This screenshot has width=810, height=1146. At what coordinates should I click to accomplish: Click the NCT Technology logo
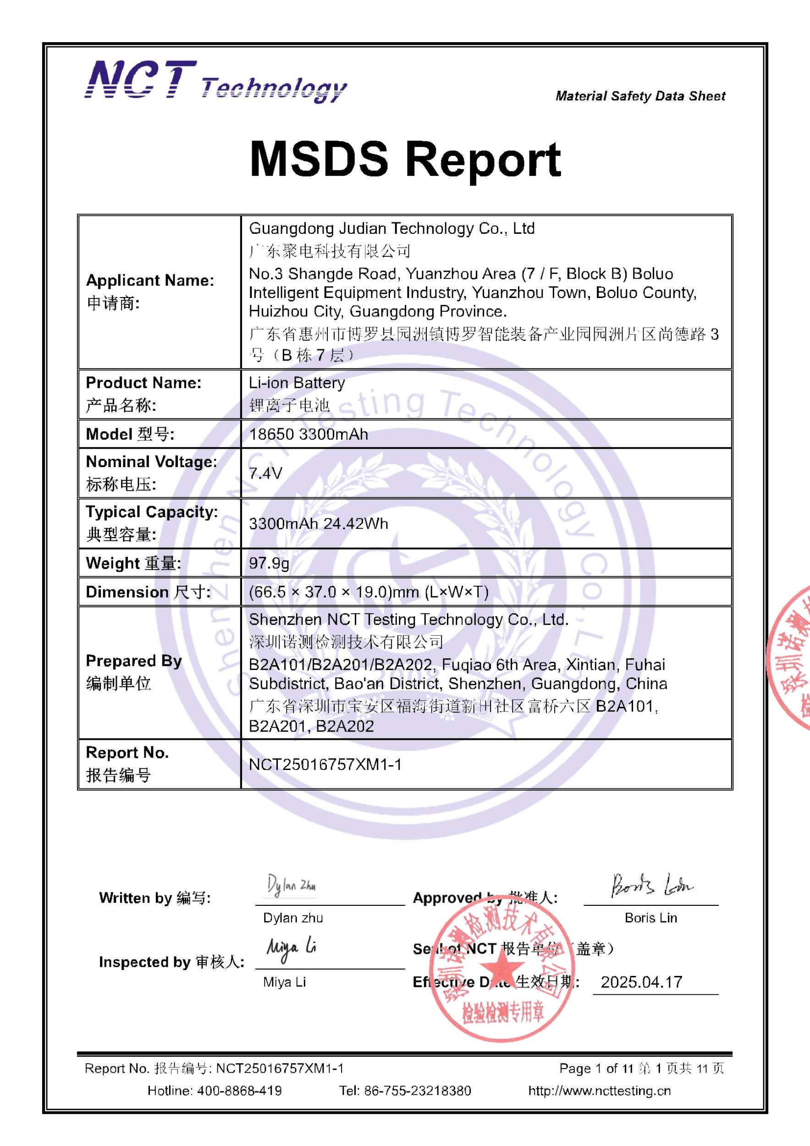coord(215,81)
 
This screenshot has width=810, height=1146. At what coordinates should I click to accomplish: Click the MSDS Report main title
coord(405,159)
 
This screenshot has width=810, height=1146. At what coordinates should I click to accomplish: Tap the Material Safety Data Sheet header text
coord(640,96)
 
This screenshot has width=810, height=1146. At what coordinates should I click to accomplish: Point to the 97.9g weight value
coord(269,563)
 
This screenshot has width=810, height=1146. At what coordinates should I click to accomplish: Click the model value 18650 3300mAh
coord(309,434)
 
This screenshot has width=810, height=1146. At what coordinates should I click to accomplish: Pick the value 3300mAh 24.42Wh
coord(319,523)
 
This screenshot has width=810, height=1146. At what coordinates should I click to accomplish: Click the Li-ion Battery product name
coord(297,383)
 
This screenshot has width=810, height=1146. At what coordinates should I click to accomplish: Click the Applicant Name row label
coord(150,281)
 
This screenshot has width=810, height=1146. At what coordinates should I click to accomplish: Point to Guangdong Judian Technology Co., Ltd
coord(392,229)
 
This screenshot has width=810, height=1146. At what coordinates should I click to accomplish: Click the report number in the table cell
coord(325,764)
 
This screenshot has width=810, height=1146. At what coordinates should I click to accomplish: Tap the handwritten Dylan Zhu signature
coord(292,886)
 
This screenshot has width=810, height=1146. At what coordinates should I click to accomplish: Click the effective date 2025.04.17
coord(641,982)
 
